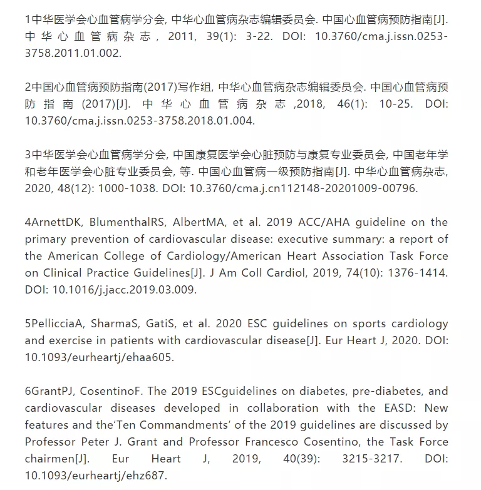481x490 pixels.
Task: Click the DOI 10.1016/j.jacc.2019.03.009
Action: (125, 290)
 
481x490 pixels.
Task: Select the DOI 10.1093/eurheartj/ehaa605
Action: (99, 357)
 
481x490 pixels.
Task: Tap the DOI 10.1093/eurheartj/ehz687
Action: (96, 476)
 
